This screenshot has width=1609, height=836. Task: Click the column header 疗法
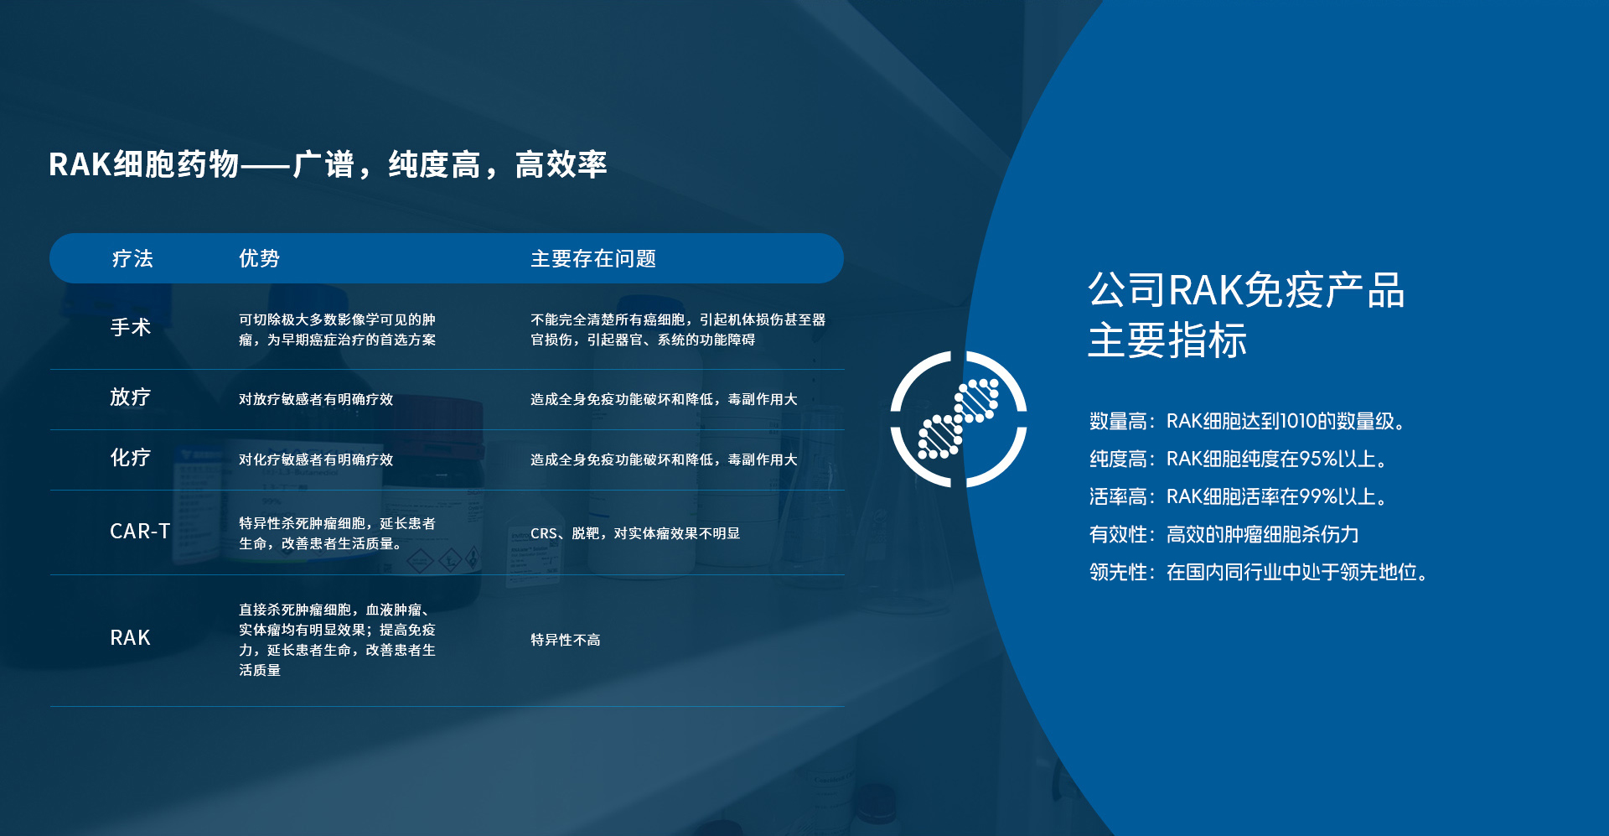tap(132, 258)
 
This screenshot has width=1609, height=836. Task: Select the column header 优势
tap(259, 258)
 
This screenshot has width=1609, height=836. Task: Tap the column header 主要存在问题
tap(593, 258)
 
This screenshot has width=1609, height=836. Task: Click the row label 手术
tap(131, 327)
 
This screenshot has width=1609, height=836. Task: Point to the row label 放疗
tap(131, 397)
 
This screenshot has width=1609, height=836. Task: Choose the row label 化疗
tap(131, 457)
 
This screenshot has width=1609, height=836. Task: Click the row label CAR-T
tap(140, 532)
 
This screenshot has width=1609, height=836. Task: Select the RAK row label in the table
tap(130, 638)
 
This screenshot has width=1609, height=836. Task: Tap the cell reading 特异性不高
tap(566, 640)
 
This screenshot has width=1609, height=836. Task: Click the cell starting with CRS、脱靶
tap(635, 533)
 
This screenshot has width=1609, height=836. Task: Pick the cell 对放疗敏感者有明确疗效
tap(316, 399)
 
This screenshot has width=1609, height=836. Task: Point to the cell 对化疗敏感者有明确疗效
tap(316, 460)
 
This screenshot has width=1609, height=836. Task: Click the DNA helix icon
tap(959, 419)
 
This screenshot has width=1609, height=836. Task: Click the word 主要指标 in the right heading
tap(1167, 340)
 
